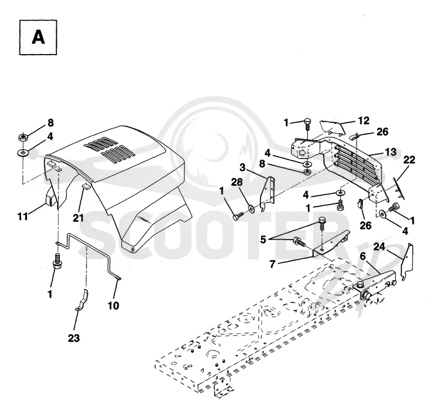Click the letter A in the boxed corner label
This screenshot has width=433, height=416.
pyautogui.click(x=38, y=37)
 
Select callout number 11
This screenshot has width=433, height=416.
pyautogui.click(x=23, y=216)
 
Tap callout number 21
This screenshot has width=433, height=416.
pyautogui.click(x=78, y=218)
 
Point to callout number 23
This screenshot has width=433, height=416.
pyautogui.click(x=74, y=338)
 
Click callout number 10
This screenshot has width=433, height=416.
pyautogui.click(x=113, y=306)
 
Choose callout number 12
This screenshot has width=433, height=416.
pyautogui.click(x=364, y=121)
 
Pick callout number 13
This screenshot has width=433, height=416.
pyautogui.click(x=391, y=152)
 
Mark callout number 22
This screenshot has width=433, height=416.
pyautogui.click(x=409, y=160)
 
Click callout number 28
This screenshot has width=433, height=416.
pyautogui.click(x=237, y=182)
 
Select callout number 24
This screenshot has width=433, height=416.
pyautogui.click(x=379, y=247)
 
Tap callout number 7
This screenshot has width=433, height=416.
pyautogui.click(x=273, y=264)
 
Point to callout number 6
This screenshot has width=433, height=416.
pyautogui.click(x=363, y=256)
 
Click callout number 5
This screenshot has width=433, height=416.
pyautogui.click(x=263, y=240)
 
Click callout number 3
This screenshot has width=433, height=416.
pyautogui.click(x=242, y=167)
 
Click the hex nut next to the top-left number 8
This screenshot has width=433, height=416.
pyautogui.click(x=23, y=137)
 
